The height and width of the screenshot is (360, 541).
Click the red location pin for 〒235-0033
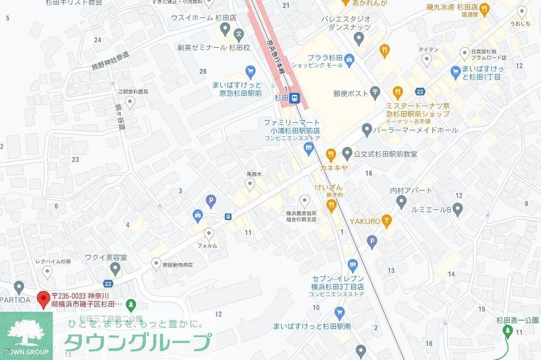click(x=44, y=299)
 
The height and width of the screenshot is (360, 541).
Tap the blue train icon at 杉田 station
click(x=295, y=97)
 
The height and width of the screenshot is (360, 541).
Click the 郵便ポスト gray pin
click(x=375, y=93)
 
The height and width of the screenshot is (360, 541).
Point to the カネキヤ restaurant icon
click(x=331, y=154)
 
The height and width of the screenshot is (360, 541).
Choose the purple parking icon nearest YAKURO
click(x=372, y=242)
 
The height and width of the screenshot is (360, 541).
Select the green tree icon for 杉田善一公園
click(x=507, y=331)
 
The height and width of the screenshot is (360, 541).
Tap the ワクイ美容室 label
click(x=106, y=257)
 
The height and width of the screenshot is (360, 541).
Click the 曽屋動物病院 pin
click(x=156, y=263)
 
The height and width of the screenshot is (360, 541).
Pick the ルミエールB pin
click(x=458, y=209)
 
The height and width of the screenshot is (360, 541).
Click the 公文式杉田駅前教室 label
click(x=386, y=154)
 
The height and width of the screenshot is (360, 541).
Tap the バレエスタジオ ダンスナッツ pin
click(x=359, y=38)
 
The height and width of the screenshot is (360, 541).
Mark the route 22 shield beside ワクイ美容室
click(x=108, y=283)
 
